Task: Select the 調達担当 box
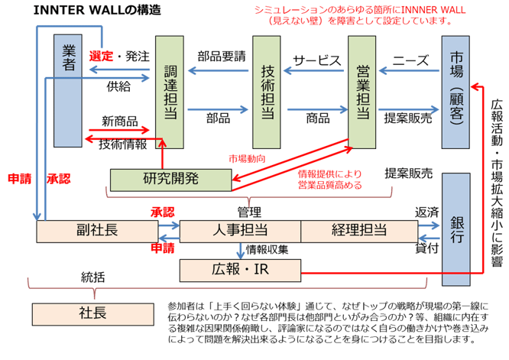coord(170,92)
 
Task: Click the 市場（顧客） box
coord(456,90)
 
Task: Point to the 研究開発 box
coord(170,180)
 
